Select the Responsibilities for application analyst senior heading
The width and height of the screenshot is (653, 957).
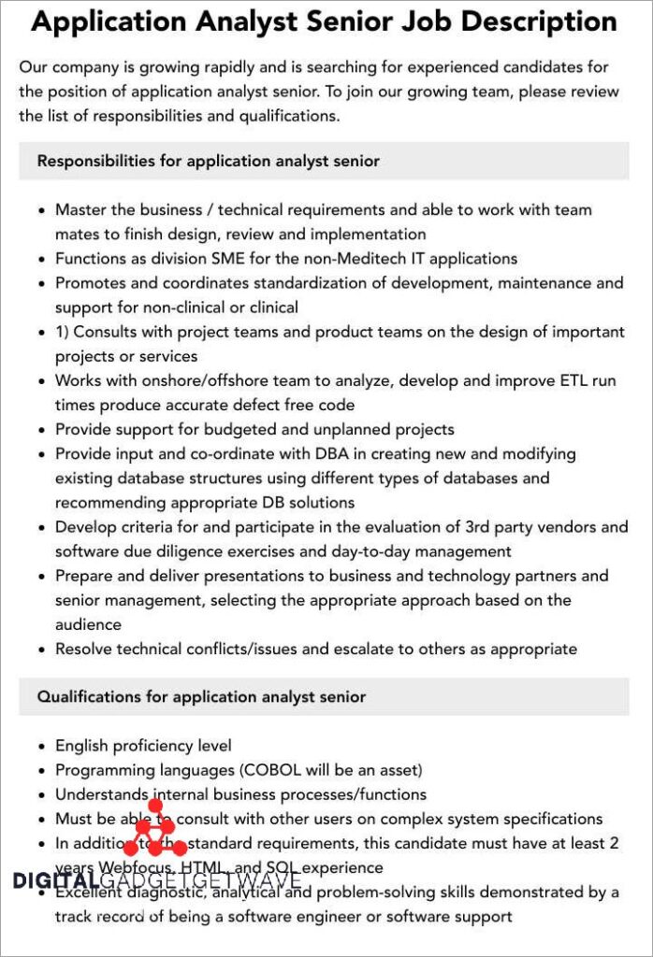click(x=208, y=161)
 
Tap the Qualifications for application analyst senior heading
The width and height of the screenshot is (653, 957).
click(x=201, y=696)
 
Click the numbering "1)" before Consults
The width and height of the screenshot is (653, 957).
click(x=64, y=332)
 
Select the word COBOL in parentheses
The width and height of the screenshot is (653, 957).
click(x=272, y=770)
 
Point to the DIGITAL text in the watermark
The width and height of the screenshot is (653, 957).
click(x=56, y=879)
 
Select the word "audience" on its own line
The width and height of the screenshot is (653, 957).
click(x=88, y=624)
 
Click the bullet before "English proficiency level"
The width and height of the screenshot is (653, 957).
click(x=41, y=746)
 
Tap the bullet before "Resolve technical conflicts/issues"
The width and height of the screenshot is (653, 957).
click(x=41, y=649)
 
